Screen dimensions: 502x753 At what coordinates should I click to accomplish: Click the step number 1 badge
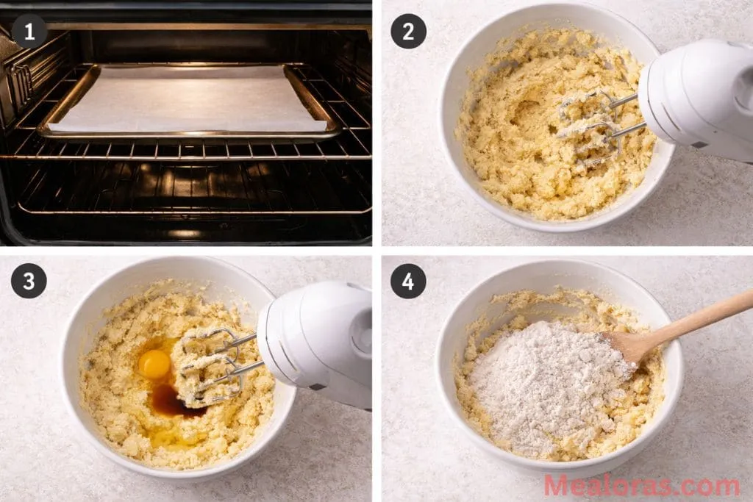pos(29,31)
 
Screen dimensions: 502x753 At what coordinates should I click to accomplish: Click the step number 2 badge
pos(408,31)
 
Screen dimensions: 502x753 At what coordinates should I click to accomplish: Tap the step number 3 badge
pos(29,281)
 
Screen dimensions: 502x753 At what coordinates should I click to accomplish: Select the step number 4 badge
pos(408,281)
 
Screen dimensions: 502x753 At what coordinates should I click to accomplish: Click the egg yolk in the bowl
pos(154,364)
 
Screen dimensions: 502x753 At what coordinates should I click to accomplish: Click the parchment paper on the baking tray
pos(188,99)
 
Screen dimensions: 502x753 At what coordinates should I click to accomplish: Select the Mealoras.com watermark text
pos(641,485)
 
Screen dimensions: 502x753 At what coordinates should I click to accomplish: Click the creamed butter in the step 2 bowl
pos(507,147)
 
